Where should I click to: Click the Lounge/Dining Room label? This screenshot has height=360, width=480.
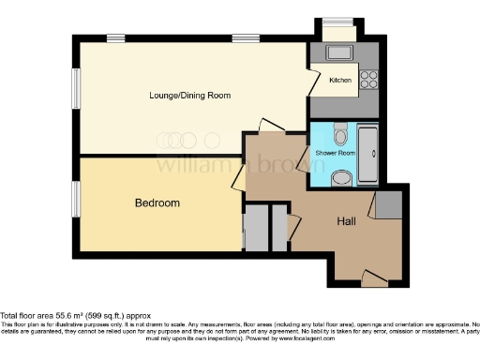coord(190,96)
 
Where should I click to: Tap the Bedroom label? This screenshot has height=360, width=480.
coord(157,202)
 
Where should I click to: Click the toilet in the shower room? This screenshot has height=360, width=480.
coord(340,132)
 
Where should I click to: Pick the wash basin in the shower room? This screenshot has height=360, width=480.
coord(341,175)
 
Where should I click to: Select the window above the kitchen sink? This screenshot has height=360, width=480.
coord(337,22)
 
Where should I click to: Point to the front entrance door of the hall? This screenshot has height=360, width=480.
coord(374,279)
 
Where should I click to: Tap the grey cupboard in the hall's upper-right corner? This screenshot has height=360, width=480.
coord(390,204)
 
